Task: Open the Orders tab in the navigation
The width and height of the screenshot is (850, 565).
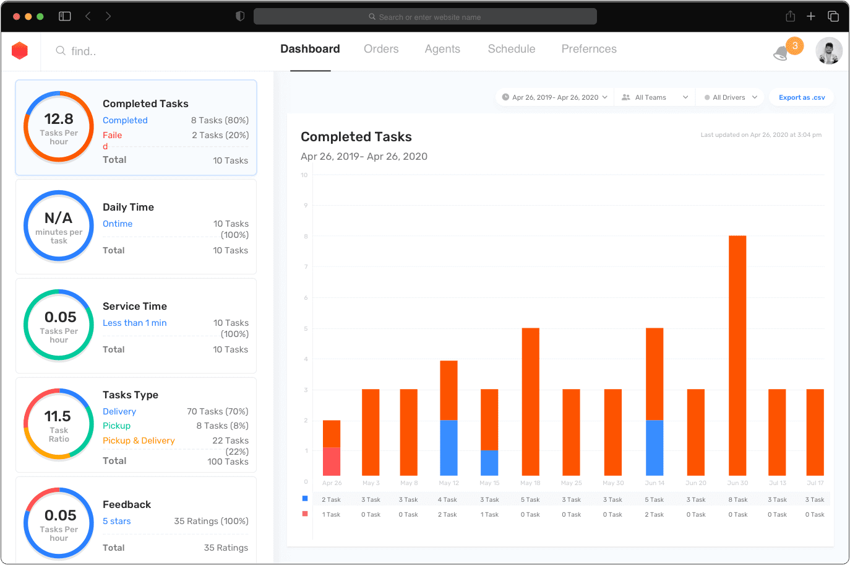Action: [381, 49]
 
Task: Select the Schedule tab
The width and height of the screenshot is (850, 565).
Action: [512, 49]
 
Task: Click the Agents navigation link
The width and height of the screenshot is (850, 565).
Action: [442, 49]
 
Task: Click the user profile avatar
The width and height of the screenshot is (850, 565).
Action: [829, 51]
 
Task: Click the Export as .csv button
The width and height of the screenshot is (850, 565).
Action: [802, 97]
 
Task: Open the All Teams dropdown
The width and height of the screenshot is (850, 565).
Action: [655, 97]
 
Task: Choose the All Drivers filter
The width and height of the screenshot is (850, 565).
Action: [731, 97]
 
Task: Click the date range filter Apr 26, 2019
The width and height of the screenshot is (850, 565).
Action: [555, 97]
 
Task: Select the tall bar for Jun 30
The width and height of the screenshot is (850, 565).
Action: [737, 355]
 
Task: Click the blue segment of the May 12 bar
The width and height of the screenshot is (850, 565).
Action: [449, 447]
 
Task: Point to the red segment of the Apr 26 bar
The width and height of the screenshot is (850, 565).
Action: [332, 461]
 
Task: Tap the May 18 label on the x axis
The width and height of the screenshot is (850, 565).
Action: [530, 483]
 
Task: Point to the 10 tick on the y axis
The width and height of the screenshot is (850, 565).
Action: [304, 175]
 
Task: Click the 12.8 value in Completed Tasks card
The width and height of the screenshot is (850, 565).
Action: [59, 119]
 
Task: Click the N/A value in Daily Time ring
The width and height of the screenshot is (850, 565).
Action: [59, 218]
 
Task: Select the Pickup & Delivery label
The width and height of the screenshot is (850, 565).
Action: [139, 440]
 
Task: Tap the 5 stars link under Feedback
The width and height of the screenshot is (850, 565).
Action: [117, 521]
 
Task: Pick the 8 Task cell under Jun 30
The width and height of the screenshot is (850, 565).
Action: [738, 500]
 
